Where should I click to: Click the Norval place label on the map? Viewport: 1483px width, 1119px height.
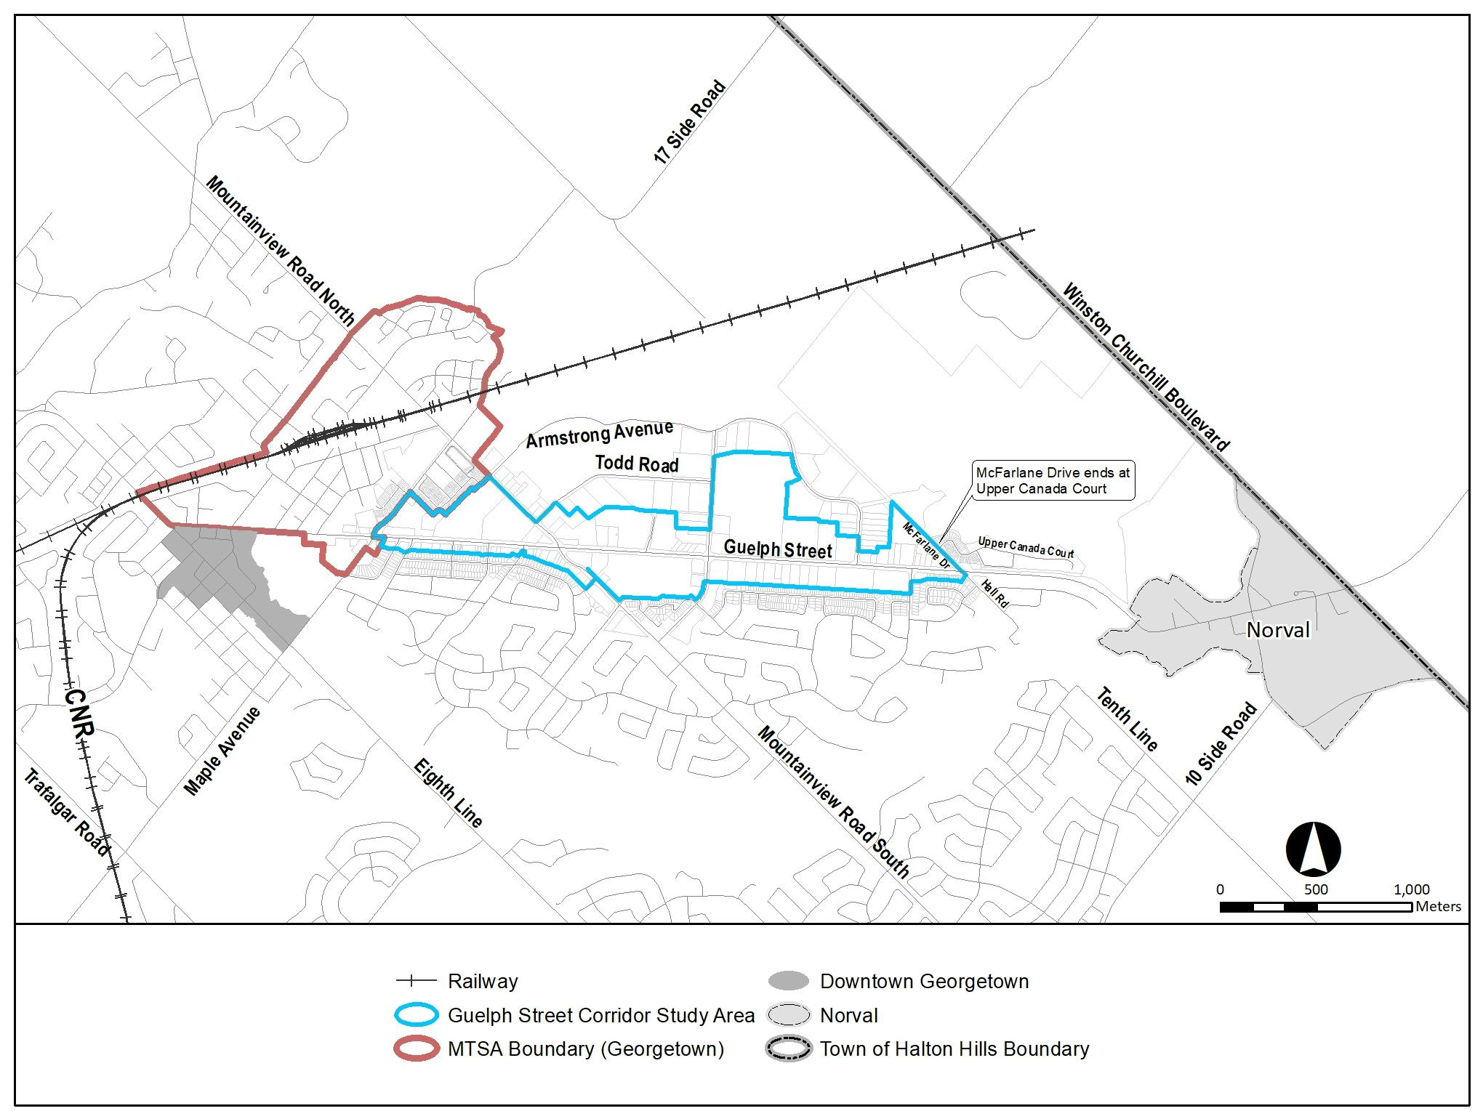(x=1278, y=629)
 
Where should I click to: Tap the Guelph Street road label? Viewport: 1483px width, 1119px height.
(x=777, y=549)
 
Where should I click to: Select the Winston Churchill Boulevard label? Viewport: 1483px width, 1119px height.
(x=1146, y=368)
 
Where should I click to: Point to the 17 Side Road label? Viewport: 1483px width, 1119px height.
(x=690, y=122)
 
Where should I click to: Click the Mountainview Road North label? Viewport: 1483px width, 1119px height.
(x=280, y=251)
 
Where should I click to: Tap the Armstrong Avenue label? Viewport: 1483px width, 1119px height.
(x=600, y=434)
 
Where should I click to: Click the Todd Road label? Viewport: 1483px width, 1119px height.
(x=637, y=464)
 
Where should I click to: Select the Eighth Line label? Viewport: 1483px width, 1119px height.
(x=448, y=793)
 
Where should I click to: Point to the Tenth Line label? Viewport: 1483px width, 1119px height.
(x=1126, y=719)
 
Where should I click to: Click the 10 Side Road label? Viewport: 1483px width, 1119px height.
(x=1221, y=744)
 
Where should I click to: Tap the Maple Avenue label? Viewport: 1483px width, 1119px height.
(x=222, y=751)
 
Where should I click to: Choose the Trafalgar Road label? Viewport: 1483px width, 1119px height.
(x=66, y=812)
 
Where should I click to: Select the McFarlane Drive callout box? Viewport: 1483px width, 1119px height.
(x=1053, y=481)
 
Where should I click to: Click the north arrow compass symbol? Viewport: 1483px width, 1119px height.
(x=1313, y=849)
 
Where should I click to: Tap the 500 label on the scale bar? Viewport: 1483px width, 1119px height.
(x=1316, y=889)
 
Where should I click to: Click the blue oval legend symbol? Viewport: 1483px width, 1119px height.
(x=416, y=1015)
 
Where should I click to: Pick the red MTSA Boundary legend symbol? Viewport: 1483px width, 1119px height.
(x=416, y=1049)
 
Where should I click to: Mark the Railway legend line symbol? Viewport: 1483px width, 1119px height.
(x=416, y=982)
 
